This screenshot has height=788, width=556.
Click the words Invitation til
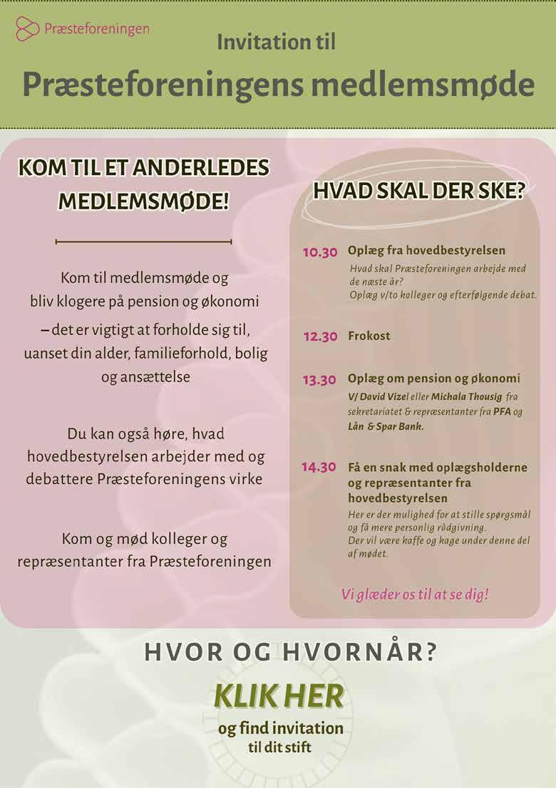pyautogui.click(x=276, y=42)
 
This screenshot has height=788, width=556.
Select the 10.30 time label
pyautogui.click(x=319, y=253)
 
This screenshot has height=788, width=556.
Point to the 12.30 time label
pyautogui.click(x=320, y=337)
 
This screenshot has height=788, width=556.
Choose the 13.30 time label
pyautogui.click(x=319, y=380)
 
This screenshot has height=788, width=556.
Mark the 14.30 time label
pyautogui.click(x=319, y=468)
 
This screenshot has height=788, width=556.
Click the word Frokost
pyautogui.click(x=369, y=336)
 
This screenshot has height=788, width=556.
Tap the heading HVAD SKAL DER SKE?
pyautogui.click(x=419, y=191)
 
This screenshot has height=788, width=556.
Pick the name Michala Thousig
pyautogui.click(x=466, y=396)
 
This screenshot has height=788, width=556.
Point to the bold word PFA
pyautogui.click(x=503, y=411)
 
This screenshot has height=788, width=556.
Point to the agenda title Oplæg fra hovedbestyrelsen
pyautogui.click(x=426, y=251)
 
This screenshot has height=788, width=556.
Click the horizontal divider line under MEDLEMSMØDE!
pyautogui.click(x=143, y=242)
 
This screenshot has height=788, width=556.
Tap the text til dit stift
pyautogui.click(x=280, y=747)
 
